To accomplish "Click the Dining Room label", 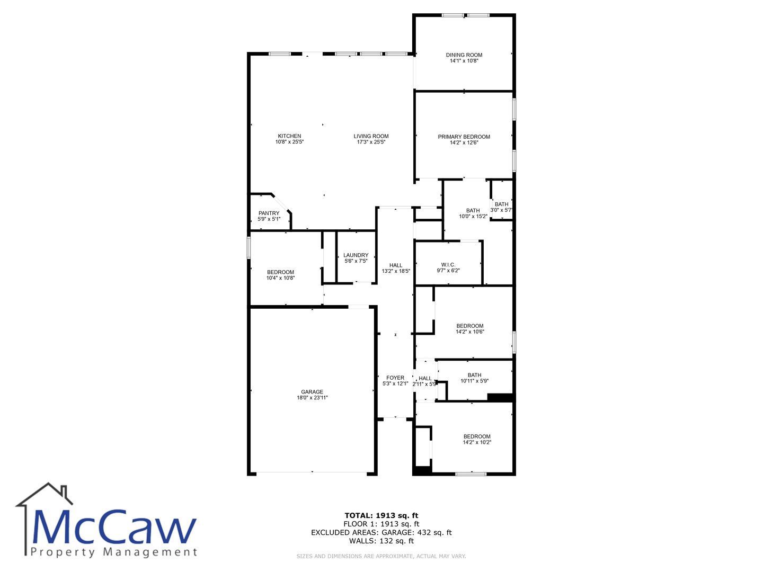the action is point(464,55).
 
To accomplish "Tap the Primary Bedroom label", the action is point(464,137).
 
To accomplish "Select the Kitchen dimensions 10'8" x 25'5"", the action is point(289,142).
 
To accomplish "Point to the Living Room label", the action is point(371,136).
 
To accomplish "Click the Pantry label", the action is point(269,213).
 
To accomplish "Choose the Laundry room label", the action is point(356,255).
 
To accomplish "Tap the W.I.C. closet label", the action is point(448,265).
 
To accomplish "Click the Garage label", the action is point(312,392).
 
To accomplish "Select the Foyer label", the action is point(395,378).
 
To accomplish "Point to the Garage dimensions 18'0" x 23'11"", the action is point(312,398).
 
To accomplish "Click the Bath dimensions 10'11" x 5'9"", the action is point(474,381).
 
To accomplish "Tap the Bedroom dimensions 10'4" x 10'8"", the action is point(280,278).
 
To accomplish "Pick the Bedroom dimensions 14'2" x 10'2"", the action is point(477,442).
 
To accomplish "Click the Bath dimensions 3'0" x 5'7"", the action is point(501,210).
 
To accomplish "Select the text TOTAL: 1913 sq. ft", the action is point(381,515).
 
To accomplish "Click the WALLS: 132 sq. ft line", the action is point(381,541).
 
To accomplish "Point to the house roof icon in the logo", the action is point(44,494).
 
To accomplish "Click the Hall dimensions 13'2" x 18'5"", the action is point(396,271).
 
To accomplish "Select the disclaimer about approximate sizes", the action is point(381,556).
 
